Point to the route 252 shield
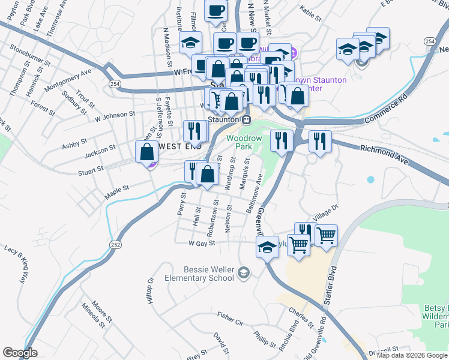pyautogui.click(x=116, y=245)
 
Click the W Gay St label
pyautogui.click(x=202, y=244)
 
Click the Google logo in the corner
pyautogui.click(x=20, y=353)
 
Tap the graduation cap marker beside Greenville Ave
pyautogui.click(x=267, y=245)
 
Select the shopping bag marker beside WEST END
pyautogui.click(x=147, y=152)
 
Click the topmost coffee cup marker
pyautogui.click(x=216, y=10)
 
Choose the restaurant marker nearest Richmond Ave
pyautogui.click(x=319, y=141)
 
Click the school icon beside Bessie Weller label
pyautogui.click(x=243, y=274)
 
